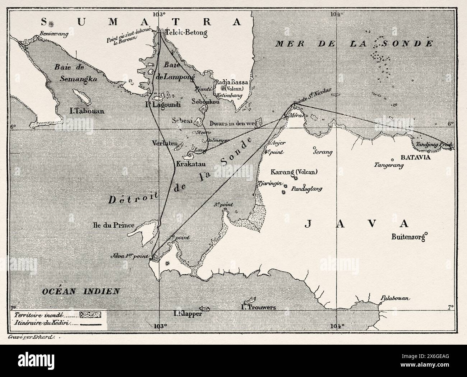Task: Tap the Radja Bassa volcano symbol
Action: [x=223, y=88]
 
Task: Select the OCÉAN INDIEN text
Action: [x=79, y=291]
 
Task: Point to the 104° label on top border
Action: [x=337, y=14]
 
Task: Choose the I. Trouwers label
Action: [x=258, y=307]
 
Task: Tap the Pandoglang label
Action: [x=306, y=188]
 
